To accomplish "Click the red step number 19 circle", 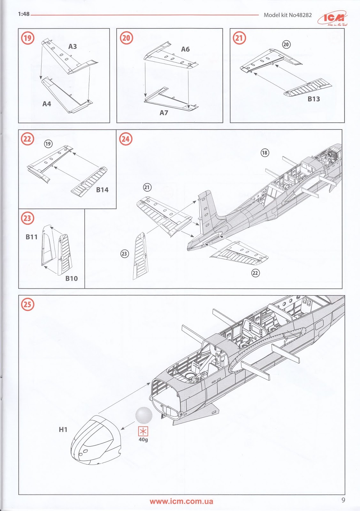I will click(x=27, y=38).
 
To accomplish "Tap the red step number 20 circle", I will click(x=126, y=38).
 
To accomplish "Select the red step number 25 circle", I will click(x=27, y=304).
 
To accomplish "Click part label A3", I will click(x=73, y=47).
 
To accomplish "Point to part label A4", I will click(x=47, y=104).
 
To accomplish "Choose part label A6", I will click(x=185, y=49).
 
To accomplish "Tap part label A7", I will click(x=164, y=113).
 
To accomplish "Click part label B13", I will click(x=314, y=99).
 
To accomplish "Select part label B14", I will click(x=102, y=190).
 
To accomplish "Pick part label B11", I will click(x=32, y=237).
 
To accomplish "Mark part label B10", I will click(x=72, y=278).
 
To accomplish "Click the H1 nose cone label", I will click(x=63, y=430).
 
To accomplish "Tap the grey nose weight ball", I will click(x=144, y=415).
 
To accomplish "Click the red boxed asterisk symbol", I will click(x=143, y=431).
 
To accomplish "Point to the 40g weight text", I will click(x=143, y=440).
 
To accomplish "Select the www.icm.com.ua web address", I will click(x=181, y=501).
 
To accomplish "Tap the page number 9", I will click(x=343, y=500).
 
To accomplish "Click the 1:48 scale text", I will click(x=24, y=14).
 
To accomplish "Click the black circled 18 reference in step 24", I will click(x=264, y=153).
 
